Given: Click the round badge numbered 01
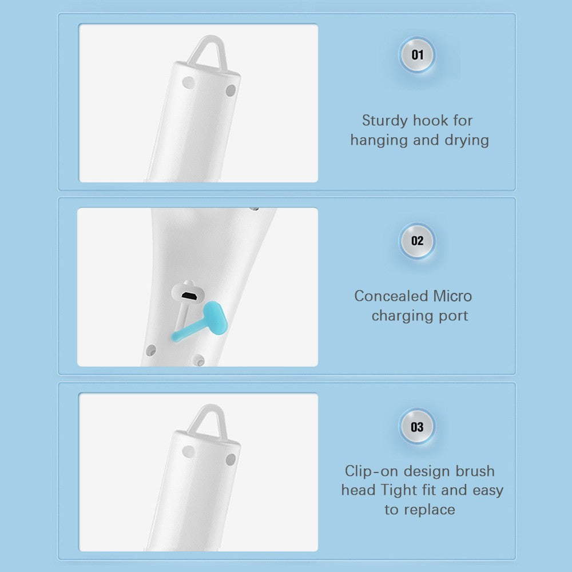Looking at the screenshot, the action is (x=417, y=55).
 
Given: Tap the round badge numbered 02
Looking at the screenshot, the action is (x=417, y=241).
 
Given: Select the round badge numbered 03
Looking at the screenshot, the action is (x=417, y=427).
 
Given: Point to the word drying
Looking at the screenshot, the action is (x=467, y=141).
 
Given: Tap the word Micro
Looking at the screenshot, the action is (x=452, y=296).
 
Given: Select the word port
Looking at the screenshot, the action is (x=454, y=316).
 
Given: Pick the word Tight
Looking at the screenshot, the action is (x=399, y=491).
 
